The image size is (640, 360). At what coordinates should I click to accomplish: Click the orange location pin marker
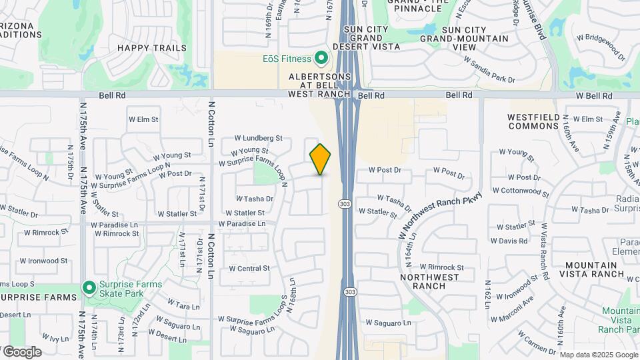[x=320, y=159]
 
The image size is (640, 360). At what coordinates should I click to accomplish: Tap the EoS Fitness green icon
[x=321, y=59]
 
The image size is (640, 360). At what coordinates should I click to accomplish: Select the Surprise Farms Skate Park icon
[x=89, y=288]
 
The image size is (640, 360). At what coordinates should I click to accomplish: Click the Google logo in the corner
[x=21, y=351]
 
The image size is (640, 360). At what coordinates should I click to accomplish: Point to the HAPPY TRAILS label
[x=143, y=48]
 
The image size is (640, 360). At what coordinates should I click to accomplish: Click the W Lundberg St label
[x=258, y=138]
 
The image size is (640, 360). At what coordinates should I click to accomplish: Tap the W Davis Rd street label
[x=509, y=241]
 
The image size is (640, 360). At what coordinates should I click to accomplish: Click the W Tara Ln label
[x=183, y=306]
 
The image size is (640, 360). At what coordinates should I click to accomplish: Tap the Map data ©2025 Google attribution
[x=598, y=355]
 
